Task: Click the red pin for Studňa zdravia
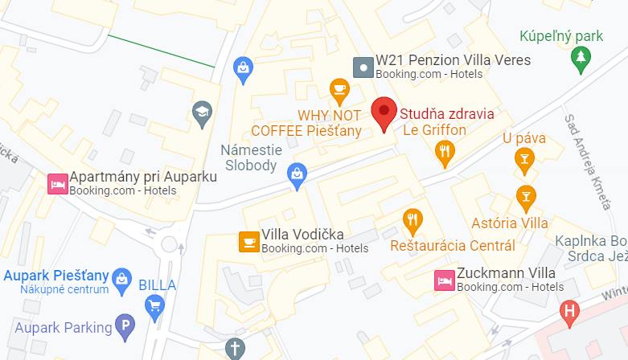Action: pos(384,113)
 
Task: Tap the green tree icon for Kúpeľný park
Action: pos(579,57)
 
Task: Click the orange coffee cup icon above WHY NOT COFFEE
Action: pos(339,88)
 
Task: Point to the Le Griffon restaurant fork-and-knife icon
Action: pos(444,150)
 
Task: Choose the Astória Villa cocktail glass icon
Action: pos(526,195)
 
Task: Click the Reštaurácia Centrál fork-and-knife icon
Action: pos(413,219)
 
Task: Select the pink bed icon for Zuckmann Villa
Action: pos(443,280)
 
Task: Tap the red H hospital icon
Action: pos(570,310)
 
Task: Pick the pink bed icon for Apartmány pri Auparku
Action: pos(57,183)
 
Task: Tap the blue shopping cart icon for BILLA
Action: pos(154,305)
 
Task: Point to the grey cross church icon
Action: pos(234,348)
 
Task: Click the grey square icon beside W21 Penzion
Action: pos(364,67)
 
